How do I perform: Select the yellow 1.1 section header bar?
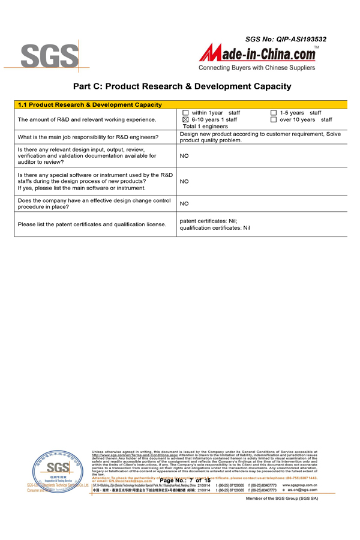click(x=181, y=104)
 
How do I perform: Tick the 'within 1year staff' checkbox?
click(x=185, y=113)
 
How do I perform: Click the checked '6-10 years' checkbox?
click(x=185, y=120)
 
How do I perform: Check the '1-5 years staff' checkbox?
click(x=274, y=113)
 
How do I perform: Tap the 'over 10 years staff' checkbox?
click(x=274, y=120)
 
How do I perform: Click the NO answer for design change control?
click(x=184, y=204)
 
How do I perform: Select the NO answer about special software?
click(x=184, y=181)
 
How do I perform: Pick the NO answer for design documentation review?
click(x=184, y=155)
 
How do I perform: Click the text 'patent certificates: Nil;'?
click(x=209, y=221)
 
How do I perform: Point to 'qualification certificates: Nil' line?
click(x=215, y=228)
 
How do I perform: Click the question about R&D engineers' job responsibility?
click(x=88, y=137)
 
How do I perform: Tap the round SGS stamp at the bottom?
click(x=58, y=470)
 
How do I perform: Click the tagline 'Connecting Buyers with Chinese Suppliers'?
click(x=257, y=68)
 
